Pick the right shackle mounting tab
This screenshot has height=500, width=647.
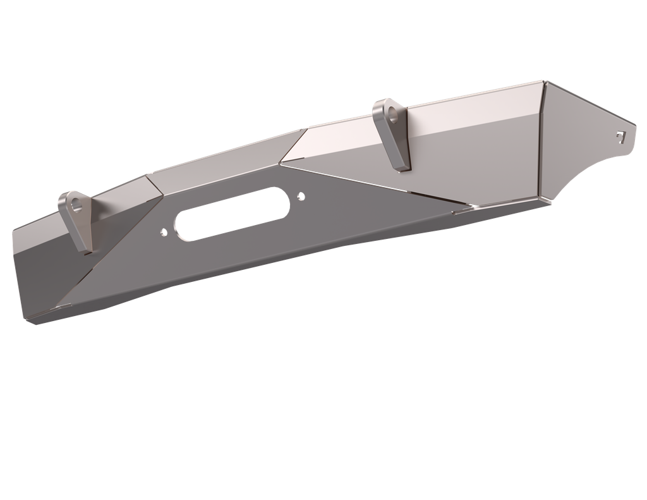pyautogui.click(x=393, y=136)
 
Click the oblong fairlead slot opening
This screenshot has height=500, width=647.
pyautogui.click(x=232, y=215)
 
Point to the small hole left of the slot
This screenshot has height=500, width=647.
pyautogui.click(x=164, y=232)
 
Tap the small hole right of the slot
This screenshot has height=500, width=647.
pyautogui.click(x=301, y=197)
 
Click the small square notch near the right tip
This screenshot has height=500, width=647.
pyautogui.click(x=620, y=134)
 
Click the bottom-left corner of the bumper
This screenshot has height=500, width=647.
pyautogui.click(x=30, y=323)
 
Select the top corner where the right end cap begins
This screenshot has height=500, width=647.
pyautogui.click(x=545, y=81)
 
